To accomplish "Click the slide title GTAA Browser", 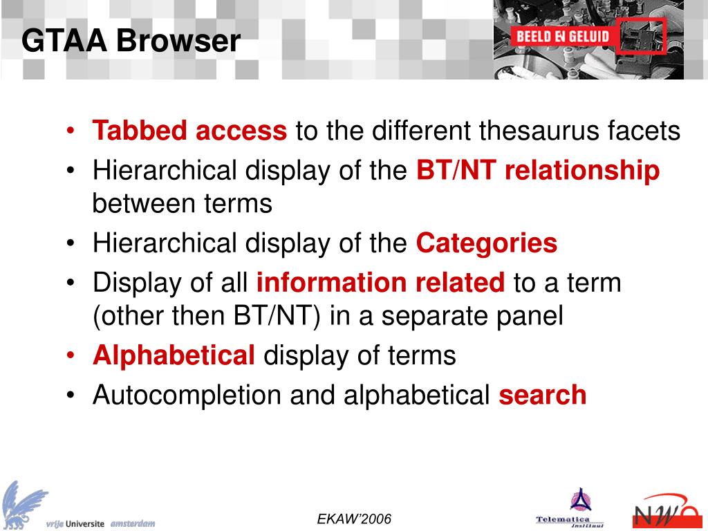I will pos(131,41).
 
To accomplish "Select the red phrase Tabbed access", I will pos(189,131).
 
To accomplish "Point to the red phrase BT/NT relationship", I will pos(538,171).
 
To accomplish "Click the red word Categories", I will pos(486,243).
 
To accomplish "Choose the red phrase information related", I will pos(380,283).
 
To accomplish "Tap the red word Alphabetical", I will pos(174,355).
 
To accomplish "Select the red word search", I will pos(542,395).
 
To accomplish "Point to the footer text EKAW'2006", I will pos(354,519).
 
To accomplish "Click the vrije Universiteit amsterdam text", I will pos(101,523).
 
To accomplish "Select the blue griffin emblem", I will pos(24,503).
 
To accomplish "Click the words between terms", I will pos(183,204).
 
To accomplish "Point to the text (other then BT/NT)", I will pos(207,316).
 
